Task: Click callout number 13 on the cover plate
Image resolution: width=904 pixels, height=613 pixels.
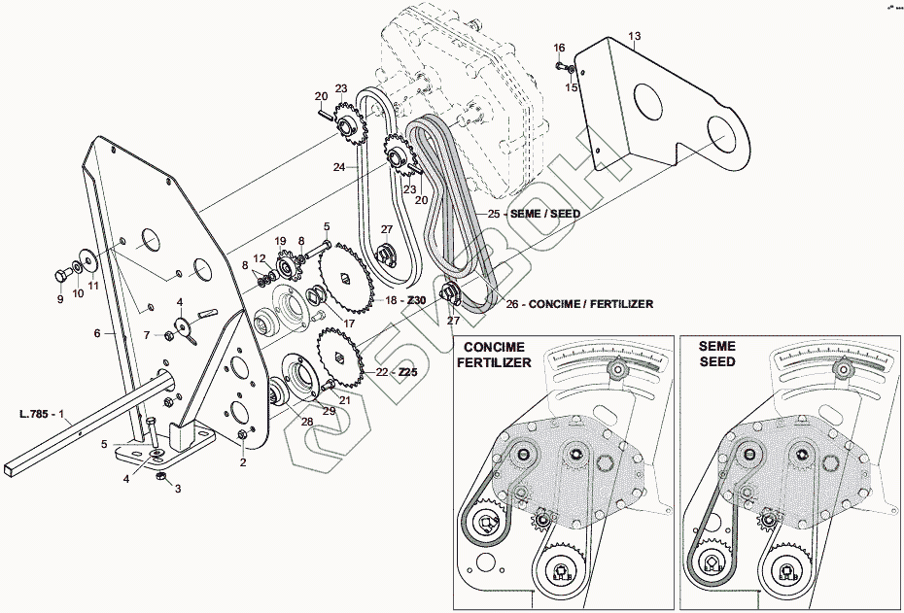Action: point(634,37)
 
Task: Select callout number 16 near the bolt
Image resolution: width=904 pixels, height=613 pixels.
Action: point(559,48)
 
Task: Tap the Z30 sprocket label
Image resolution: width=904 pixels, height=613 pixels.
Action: point(415,301)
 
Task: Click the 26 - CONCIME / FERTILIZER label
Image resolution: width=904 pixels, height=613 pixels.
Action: point(579,304)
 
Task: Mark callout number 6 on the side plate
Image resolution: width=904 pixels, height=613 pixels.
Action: point(97,333)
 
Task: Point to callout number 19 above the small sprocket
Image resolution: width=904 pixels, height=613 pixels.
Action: point(279,241)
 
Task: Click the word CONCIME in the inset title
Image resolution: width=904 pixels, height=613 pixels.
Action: point(494,347)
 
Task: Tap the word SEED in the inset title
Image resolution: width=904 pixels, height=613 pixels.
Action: point(715,361)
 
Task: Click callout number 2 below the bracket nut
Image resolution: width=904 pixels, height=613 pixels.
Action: point(242,462)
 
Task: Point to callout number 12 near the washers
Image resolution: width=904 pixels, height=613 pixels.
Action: point(260,257)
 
